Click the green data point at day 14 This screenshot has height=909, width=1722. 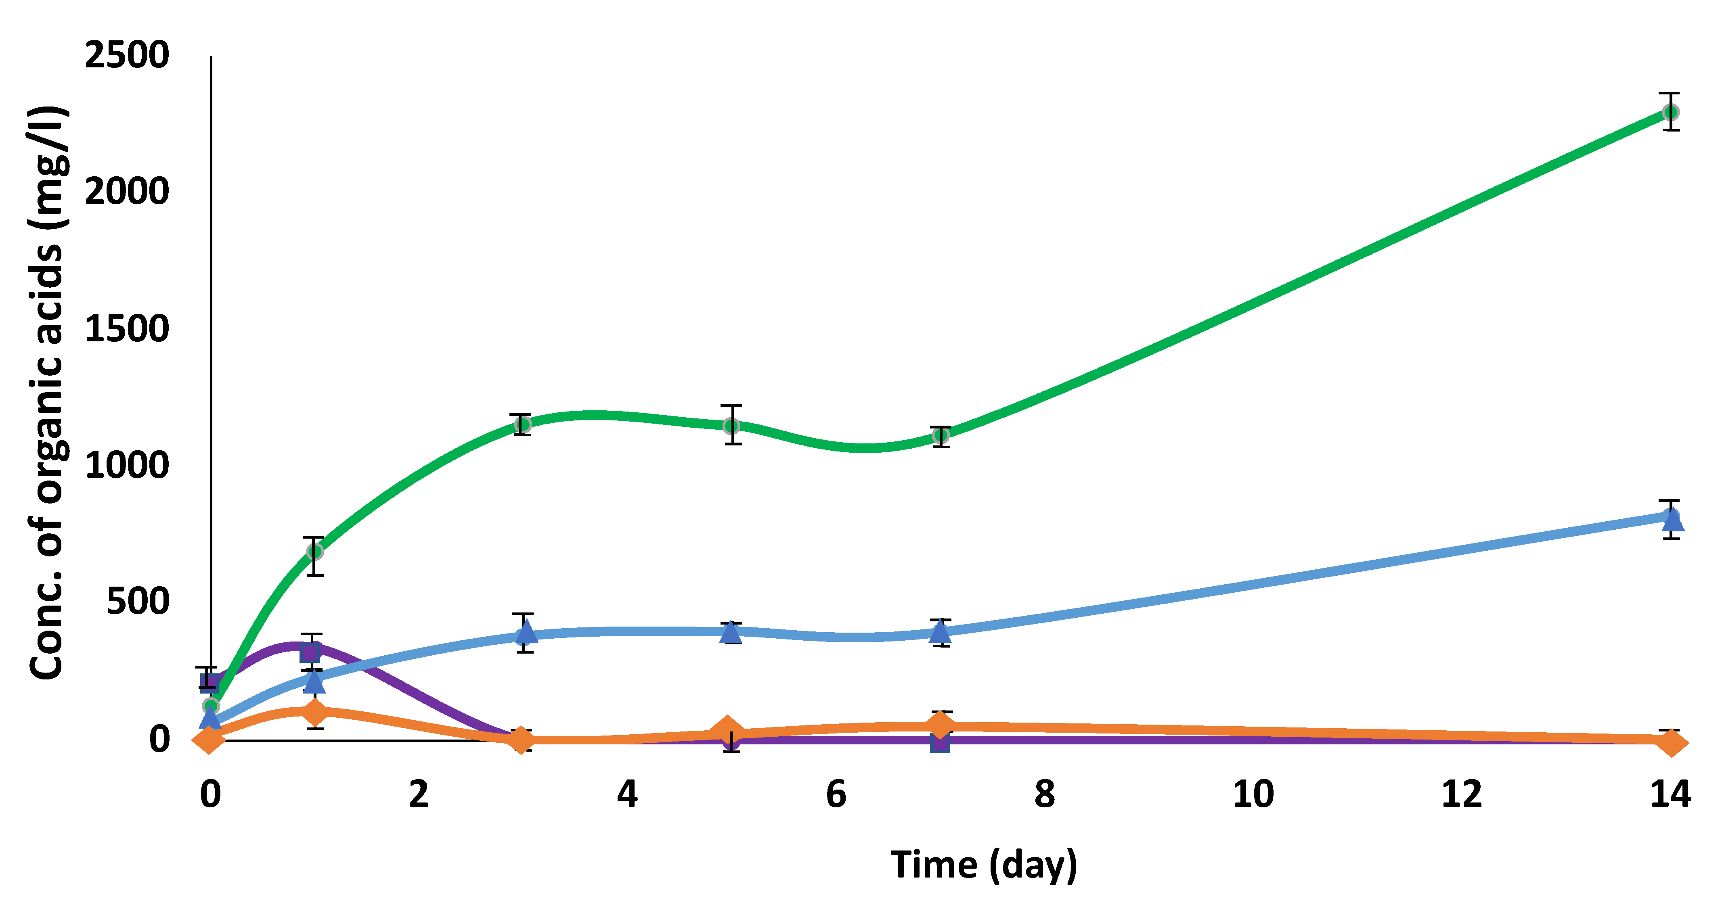click(1670, 112)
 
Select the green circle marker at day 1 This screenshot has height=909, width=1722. click(314, 552)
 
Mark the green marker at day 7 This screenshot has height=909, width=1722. click(941, 436)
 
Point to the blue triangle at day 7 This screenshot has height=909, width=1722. click(941, 630)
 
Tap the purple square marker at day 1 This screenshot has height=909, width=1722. click(310, 652)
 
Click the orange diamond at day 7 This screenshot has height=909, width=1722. click(940, 725)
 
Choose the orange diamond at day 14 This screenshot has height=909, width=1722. click(1670, 742)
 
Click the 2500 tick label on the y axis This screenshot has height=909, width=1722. click(127, 55)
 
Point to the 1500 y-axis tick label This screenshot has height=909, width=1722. click(127, 329)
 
